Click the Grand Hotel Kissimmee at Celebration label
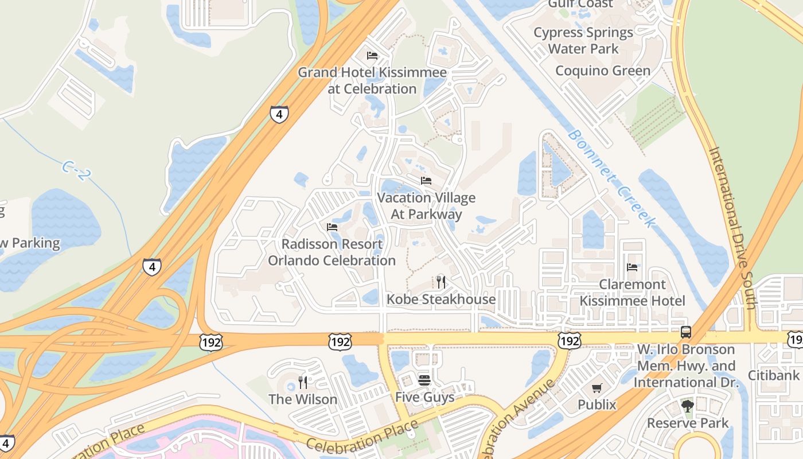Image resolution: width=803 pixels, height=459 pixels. (x=372, y=81)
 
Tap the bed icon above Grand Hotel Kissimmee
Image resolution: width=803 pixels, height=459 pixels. (x=372, y=56)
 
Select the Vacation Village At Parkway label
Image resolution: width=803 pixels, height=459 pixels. (x=426, y=206)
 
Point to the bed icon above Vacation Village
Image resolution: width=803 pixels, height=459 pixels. (x=426, y=181)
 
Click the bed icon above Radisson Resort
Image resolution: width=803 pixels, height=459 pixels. (x=332, y=227)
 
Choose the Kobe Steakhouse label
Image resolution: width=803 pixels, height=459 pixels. (x=441, y=299)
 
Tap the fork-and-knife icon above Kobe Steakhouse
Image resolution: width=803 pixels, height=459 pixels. (x=441, y=282)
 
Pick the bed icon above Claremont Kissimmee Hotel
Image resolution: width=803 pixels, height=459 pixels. (x=632, y=267)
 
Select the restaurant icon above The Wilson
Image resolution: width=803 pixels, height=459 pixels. (x=303, y=382)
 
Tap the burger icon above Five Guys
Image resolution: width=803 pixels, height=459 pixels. (x=424, y=380)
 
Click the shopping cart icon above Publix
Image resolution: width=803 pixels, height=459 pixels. (x=597, y=388)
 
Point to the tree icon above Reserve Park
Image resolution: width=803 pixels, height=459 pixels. (x=687, y=406)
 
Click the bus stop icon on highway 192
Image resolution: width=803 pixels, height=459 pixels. (x=685, y=332)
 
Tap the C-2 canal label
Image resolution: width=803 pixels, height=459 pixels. (x=75, y=170)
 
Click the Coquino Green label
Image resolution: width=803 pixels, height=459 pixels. (x=603, y=71)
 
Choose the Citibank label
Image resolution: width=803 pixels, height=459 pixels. (x=773, y=375)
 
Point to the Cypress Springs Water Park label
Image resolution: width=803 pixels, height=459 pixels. (x=583, y=41)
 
